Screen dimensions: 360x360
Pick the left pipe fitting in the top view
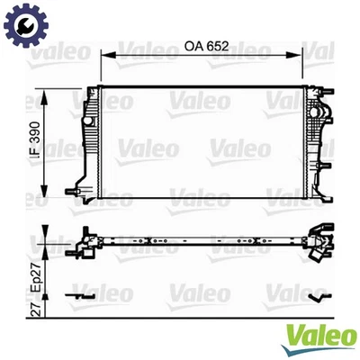pyautogui.click(x=86, y=242)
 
